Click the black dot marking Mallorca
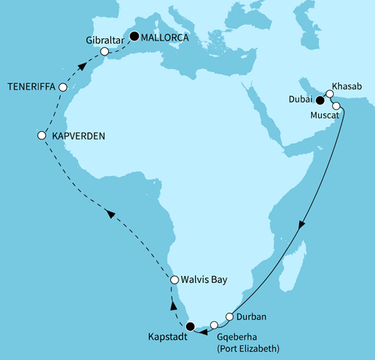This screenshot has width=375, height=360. [x=135, y=35]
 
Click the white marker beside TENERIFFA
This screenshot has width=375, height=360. [x=63, y=88]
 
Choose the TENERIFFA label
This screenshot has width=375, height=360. [x=31, y=87]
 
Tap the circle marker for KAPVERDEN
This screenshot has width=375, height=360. [x=42, y=136]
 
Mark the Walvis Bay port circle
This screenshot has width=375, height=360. [x=174, y=280]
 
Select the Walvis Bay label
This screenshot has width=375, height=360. [x=204, y=280]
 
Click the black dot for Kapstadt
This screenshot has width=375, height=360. [x=190, y=325]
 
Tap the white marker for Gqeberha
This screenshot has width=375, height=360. [x=214, y=325]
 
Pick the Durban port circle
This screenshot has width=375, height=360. [x=230, y=317]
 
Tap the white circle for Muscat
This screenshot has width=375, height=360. [x=336, y=106]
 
